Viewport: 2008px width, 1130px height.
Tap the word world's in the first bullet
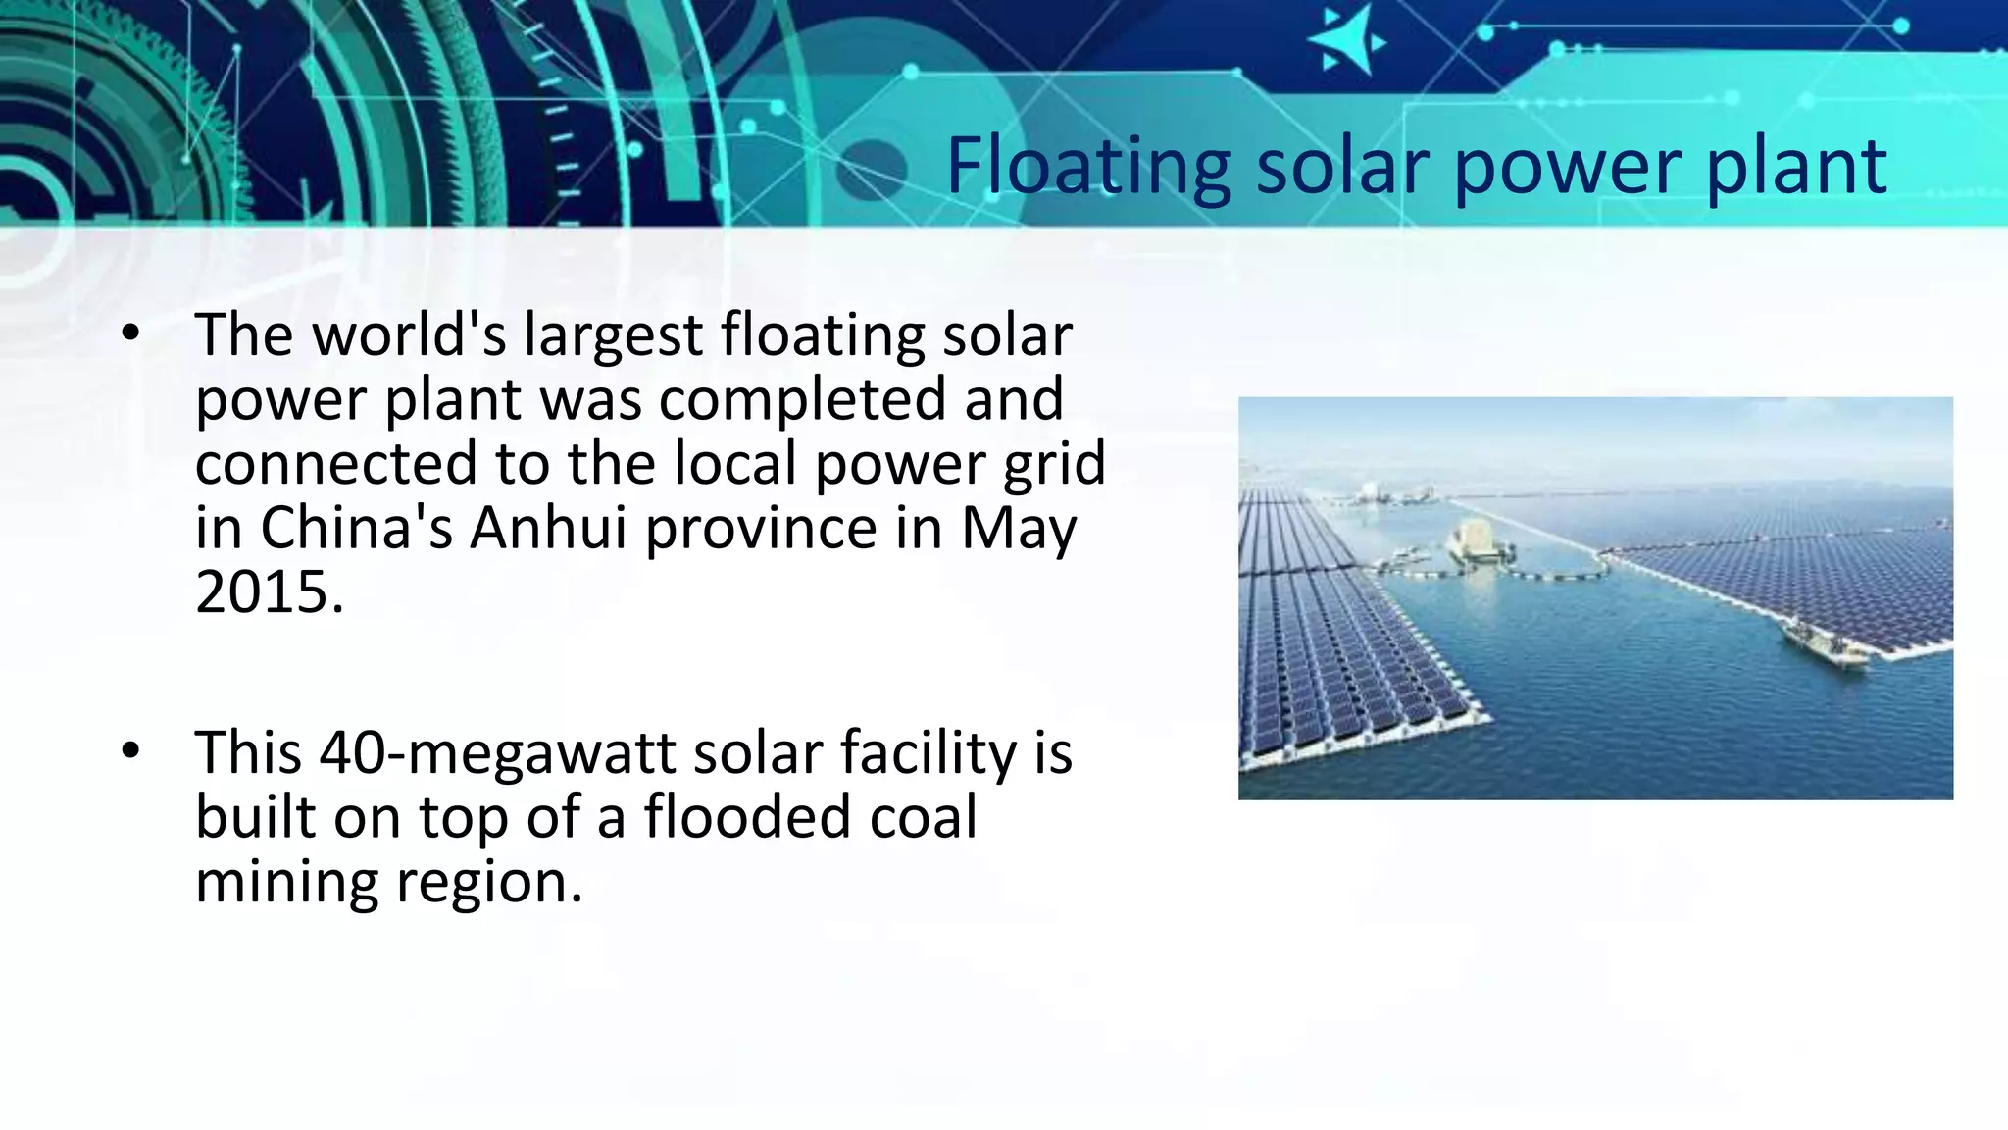coord(409,335)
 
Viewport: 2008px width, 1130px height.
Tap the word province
coord(761,530)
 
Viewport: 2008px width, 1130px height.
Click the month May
coord(1019,530)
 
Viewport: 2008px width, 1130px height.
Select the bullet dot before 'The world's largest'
coord(131,334)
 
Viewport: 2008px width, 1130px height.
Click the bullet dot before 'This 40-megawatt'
coord(131,752)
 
